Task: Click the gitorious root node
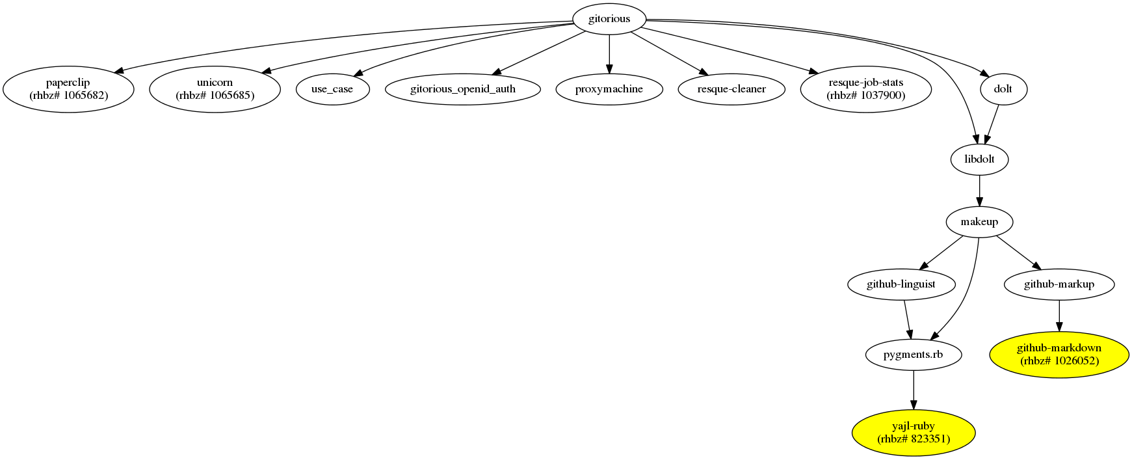pyautogui.click(x=609, y=19)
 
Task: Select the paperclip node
pyautogui.click(x=68, y=89)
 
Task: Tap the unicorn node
pyautogui.click(x=215, y=89)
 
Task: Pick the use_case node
pyautogui.click(x=332, y=89)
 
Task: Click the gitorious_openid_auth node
pyautogui.click(x=463, y=89)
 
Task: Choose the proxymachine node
pyautogui.click(x=609, y=89)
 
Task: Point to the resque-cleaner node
pyautogui.click(x=731, y=89)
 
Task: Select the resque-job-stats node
pyautogui.click(x=865, y=89)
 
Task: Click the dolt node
pyautogui.click(x=1003, y=89)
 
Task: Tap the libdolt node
pyautogui.click(x=979, y=159)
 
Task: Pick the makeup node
pyautogui.click(x=979, y=222)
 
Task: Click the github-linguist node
pyautogui.click(x=901, y=284)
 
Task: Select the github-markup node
pyautogui.click(x=1059, y=284)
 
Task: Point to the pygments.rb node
pyautogui.click(x=913, y=355)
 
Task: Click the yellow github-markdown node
pyautogui.click(x=1059, y=355)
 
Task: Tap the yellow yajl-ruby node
pyautogui.click(x=913, y=433)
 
